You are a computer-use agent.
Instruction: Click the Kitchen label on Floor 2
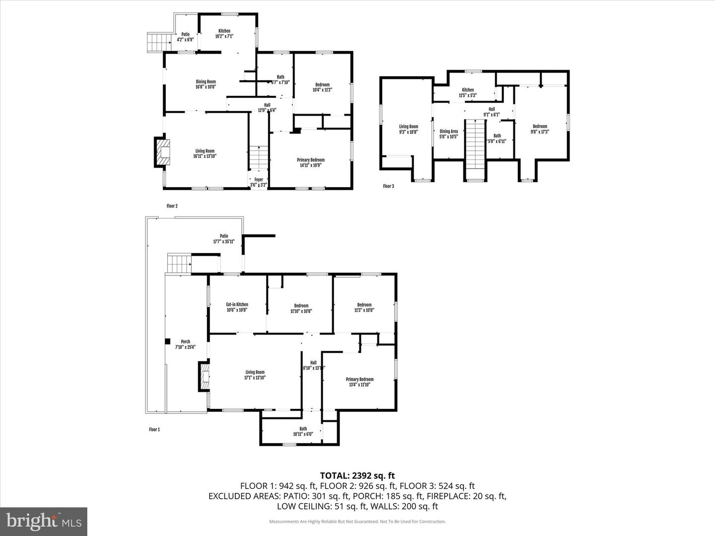pos(224,34)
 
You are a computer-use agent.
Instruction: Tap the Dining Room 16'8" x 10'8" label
pos(205,84)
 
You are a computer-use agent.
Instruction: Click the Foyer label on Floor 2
pos(259,182)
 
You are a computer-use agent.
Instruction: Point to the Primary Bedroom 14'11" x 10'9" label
pos(310,162)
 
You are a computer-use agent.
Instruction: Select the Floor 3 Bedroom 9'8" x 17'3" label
pos(540,129)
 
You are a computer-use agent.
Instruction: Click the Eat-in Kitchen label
pos(237,307)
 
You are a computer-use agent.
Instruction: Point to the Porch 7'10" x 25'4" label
pos(185,344)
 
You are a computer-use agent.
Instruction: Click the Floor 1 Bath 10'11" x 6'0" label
pos(303,431)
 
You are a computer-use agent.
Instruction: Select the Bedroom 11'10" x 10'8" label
pos(301,308)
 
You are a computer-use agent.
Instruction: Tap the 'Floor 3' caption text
pos(388,186)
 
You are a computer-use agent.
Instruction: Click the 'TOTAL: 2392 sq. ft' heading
pos(357,476)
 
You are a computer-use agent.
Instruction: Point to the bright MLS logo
pos(44,521)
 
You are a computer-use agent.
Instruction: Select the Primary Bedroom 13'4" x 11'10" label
pos(359,382)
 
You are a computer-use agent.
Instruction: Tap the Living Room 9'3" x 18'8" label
pos(409,129)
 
